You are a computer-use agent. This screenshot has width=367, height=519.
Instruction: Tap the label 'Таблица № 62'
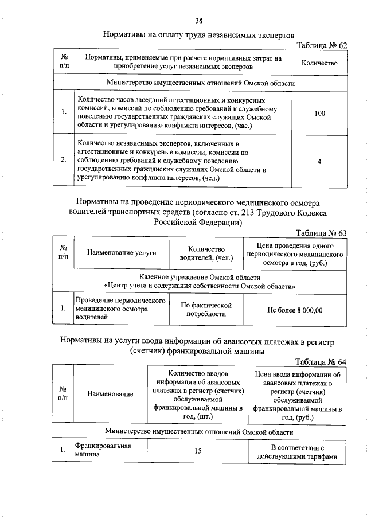tap(321, 45)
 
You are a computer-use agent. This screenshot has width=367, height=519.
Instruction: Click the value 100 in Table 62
tap(319, 113)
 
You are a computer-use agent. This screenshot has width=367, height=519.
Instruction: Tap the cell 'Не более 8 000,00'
tap(295, 310)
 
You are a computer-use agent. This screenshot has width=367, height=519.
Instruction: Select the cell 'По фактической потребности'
tap(205, 310)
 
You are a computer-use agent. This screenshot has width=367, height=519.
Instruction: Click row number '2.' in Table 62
tap(64, 161)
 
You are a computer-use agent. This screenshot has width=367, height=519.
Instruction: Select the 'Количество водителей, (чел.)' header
tap(206, 253)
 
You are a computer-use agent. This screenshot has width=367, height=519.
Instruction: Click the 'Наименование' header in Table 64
tap(111, 394)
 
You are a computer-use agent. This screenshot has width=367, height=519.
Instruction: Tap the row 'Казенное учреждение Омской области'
tap(200, 277)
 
